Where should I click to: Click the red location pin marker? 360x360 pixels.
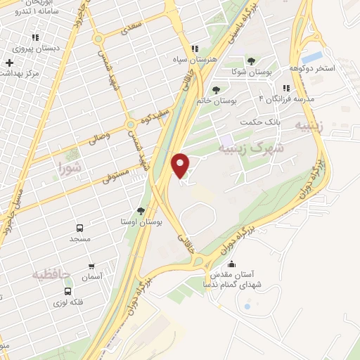click(181, 165)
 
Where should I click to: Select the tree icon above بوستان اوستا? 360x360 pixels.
click(141, 210)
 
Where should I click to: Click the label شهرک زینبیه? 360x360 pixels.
click(250, 148)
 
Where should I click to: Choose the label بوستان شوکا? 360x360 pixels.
click(252, 72)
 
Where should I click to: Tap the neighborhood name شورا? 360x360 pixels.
click(71, 167)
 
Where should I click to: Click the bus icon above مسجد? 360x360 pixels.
click(79, 229)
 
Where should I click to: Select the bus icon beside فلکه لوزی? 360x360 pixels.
click(67, 291)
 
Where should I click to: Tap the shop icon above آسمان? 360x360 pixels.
click(92, 266)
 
